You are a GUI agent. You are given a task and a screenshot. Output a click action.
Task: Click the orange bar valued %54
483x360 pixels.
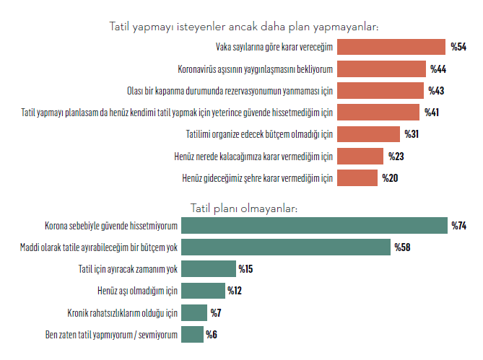pos(391,48)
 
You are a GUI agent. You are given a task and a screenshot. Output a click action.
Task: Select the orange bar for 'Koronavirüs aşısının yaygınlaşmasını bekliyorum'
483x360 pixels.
pos(381,69)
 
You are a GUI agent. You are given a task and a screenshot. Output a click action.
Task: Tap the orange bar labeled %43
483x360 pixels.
pos(380,91)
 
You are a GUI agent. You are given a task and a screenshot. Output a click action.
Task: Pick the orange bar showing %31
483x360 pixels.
pos(368,134)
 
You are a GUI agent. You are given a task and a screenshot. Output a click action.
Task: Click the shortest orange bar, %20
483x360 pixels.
pos(357,177)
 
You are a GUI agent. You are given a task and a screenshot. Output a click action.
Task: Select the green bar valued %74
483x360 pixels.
pos(314,226)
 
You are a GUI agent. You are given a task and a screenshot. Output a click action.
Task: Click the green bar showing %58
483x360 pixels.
pos(286,247)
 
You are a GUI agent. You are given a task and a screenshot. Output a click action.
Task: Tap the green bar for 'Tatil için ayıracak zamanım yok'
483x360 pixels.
pos(208,269)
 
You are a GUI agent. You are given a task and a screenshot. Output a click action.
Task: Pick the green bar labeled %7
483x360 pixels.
pos(194,312)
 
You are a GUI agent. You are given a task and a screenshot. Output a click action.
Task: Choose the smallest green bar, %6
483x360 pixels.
pos(192,334)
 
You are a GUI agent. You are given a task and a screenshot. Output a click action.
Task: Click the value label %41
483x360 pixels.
pos(432,113)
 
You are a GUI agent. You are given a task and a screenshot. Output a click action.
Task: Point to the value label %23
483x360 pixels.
pos(396,156)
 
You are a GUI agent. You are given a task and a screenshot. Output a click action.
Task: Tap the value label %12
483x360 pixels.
pos(235,291)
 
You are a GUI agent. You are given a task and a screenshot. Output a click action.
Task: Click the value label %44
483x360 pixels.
pos(438,69)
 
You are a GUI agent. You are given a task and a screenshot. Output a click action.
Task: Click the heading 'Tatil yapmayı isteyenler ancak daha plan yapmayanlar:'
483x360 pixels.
pos(243,27)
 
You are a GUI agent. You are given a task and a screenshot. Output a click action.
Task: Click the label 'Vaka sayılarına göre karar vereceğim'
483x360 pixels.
pos(274,48)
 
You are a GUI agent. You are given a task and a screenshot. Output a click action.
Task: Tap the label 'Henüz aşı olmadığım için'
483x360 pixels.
pos(137,291)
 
